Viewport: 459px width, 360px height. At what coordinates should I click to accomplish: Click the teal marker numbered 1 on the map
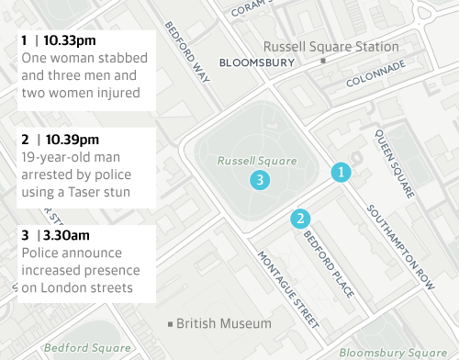pos(341,172)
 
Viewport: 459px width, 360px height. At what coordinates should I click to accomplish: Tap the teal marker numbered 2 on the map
pos(299,218)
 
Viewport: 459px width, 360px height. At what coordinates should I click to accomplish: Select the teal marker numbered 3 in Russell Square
pos(261,180)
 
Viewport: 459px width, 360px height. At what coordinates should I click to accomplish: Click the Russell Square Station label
pos(330,47)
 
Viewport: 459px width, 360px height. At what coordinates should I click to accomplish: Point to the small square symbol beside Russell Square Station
pos(322,61)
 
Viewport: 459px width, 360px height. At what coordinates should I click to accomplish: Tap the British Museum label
pos(224,323)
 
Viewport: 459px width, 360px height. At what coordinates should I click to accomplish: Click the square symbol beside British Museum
pos(169,324)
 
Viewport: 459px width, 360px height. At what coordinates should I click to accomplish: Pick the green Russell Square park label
pos(257,160)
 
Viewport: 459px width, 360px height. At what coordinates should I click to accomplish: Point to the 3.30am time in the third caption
pos(65,235)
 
